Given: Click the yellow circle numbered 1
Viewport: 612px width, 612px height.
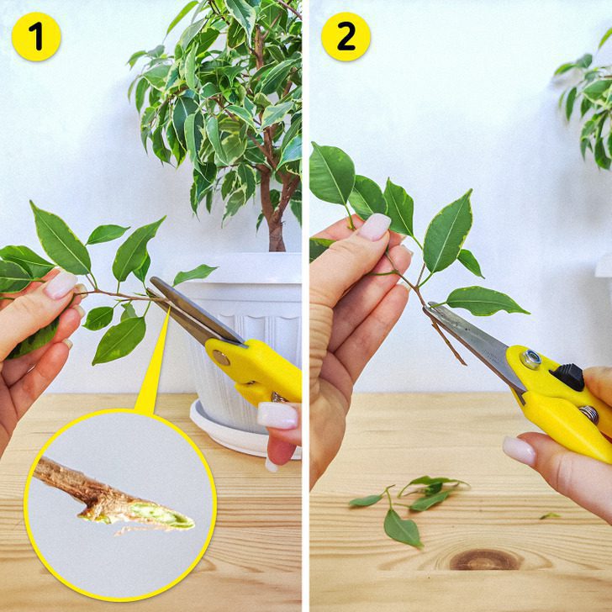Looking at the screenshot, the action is (x=36, y=37).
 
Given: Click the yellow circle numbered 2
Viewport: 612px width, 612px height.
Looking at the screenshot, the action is (x=346, y=37).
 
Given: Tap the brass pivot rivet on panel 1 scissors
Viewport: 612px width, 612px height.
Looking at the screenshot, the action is (x=221, y=357).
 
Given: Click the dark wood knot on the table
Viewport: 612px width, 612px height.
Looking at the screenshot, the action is (x=485, y=560).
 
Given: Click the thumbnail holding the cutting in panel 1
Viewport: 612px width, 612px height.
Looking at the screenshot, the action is (x=61, y=285).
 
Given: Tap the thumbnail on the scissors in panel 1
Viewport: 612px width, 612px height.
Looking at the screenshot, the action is (x=277, y=415).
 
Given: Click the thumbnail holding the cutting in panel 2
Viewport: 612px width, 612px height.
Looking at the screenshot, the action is (x=374, y=227).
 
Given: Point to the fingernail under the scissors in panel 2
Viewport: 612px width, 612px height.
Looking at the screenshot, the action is (x=519, y=451).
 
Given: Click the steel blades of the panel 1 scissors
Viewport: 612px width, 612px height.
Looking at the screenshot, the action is (x=195, y=312).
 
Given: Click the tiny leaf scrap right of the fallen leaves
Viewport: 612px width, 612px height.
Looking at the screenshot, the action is (x=550, y=516).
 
